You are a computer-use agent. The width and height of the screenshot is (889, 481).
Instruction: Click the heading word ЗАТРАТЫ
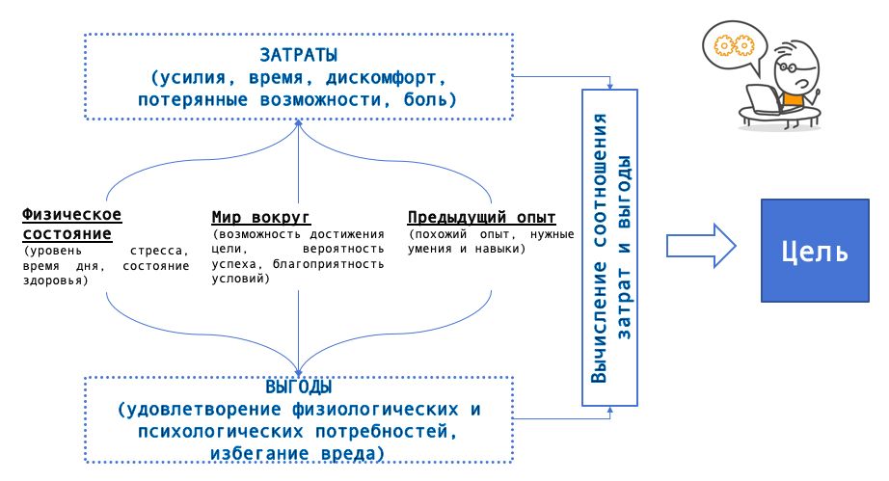click(x=299, y=55)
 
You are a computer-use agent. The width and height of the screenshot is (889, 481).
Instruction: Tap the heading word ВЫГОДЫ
click(x=299, y=387)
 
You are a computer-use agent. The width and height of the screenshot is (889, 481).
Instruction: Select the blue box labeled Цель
click(x=815, y=251)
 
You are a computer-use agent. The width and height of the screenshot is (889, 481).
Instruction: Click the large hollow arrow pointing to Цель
click(x=701, y=245)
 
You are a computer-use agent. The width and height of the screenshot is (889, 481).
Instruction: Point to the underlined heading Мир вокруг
click(x=260, y=217)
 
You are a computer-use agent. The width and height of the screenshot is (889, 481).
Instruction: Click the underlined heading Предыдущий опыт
click(x=481, y=217)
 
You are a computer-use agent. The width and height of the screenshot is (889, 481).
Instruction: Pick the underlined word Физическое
click(x=72, y=215)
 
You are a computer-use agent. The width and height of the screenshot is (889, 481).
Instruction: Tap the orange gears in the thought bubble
click(x=734, y=45)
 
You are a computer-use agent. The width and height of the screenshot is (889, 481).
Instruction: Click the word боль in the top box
click(x=425, y=99)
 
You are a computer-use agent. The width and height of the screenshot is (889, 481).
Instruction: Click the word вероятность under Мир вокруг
click(x=343, y=249)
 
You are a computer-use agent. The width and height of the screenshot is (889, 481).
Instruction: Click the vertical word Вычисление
click(x=599, y=321)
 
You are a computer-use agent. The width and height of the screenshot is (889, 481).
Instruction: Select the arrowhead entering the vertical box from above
click(x=610, y=86)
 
